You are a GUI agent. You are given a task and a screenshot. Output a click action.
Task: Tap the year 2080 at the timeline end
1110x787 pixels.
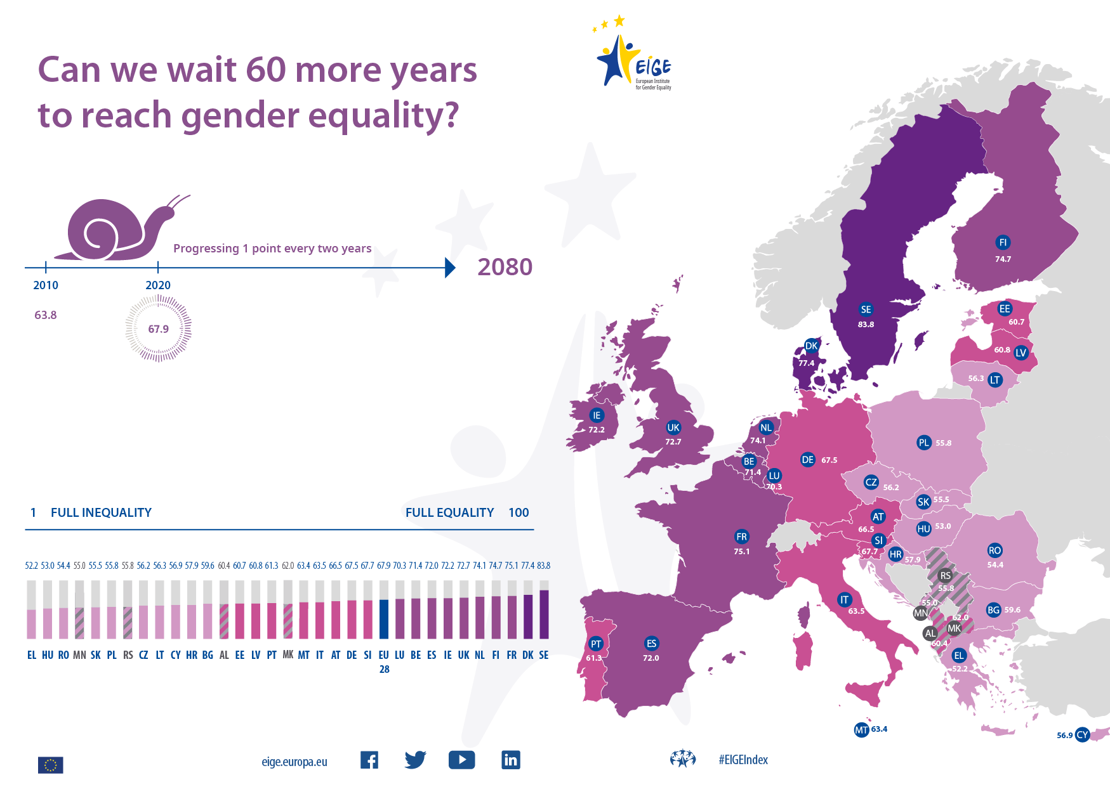coord(505,267)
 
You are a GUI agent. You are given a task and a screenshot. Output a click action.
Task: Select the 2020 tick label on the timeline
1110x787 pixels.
coord(158,285)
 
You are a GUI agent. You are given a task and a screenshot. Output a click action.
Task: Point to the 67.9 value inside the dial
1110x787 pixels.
coord(159,329)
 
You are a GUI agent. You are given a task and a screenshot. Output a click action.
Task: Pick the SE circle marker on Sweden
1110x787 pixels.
coord(866,309)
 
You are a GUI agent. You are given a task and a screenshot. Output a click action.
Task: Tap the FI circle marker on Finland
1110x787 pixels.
coord(1003,242)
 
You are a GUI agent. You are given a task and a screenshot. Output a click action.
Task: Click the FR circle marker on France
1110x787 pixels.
coord(741,537)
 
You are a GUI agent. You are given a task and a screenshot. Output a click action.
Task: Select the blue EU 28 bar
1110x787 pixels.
coord(384,618)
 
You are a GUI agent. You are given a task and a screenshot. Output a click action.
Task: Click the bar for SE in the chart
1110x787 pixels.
coord(544,613)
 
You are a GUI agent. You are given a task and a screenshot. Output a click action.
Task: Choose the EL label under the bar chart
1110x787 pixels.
coord(32,655)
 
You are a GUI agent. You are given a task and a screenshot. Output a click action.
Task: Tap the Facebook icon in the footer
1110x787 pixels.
coord(369,760)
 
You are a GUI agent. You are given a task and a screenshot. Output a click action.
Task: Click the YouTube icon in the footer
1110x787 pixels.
coord(461,760)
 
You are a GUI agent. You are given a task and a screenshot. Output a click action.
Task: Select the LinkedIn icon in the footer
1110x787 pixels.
coord(511,760)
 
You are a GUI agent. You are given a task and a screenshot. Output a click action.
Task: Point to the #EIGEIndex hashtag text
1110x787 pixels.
coord(743,760)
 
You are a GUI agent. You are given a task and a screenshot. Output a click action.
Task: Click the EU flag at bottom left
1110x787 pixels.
coord(51,765)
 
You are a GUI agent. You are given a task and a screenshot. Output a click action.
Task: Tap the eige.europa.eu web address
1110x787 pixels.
coord(294,762)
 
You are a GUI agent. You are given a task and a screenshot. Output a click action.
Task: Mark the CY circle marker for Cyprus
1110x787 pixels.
coord(1082,735)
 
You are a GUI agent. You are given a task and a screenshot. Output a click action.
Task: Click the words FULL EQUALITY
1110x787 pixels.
coord(449,512)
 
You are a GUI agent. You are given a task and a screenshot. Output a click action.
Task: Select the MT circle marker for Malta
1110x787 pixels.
coord(861,730)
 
